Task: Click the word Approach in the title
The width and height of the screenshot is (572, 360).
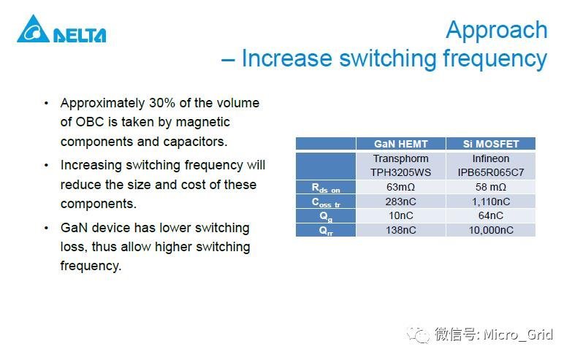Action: pyautogui.click(x=496, y=30)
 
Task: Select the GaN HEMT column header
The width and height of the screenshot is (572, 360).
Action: pyautogui.click(x=400, y=144)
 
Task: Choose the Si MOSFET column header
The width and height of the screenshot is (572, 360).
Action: pyautogui.click(x=490, y=144)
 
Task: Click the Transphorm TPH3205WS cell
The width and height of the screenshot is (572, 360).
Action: pyautogui.click(x=400, y=165)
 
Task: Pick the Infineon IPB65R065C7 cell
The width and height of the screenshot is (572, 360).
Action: pyautogui.click(x=490, y=165)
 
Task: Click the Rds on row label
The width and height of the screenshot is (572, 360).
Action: pyautogui.click(x=326, y=188)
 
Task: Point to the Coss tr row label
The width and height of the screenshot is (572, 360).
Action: pyautogui.click(x=326, y=202)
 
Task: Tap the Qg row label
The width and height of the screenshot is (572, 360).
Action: pyautogui.click(x=326, y=215)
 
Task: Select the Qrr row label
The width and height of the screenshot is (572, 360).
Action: pyautogui.click(x=326, y=229)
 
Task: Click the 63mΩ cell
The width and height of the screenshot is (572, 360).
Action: pyautogui.click(x=400, y=188)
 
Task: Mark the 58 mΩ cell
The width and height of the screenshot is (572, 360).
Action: pyautogui.click(x=490, y=188)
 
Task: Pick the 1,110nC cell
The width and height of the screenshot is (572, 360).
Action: pyautogui.click(x=490, y=202)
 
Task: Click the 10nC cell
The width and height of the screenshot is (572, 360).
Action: pyautogui.click(x=400, y=215)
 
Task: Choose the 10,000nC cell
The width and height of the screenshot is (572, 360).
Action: pyautogui.click(x=490, y=229)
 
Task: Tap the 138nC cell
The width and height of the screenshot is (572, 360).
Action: pyautogui.click(x=400, y=229)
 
